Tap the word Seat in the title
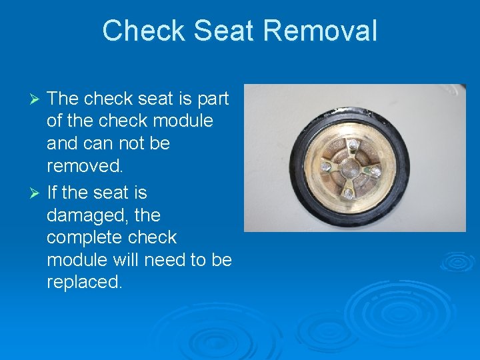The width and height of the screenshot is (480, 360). click(217, 31)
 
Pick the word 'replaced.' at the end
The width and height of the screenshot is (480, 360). click(85, 282)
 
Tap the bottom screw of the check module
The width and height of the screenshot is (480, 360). click(347, 193)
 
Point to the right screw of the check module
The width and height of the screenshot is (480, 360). click(375, 171)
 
